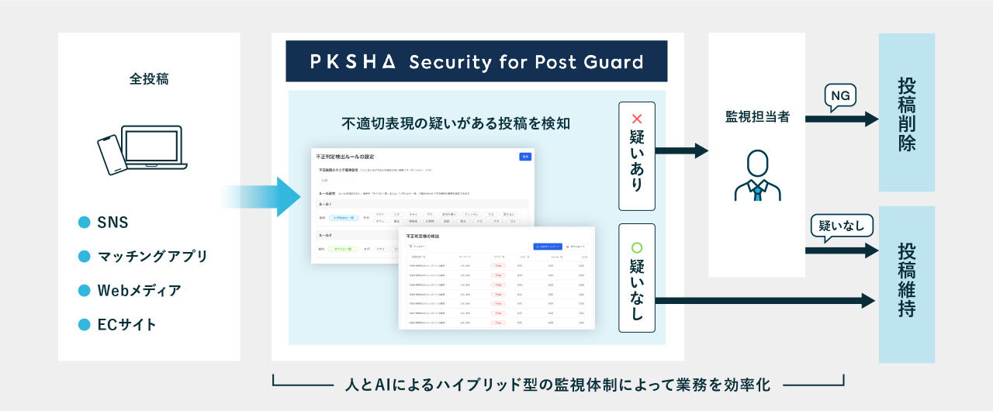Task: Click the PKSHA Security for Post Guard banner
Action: point(476,61)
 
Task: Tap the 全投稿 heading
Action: point(149,78)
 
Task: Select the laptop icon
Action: point(152,147)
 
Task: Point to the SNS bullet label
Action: point(112,223)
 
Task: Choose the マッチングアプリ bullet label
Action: point(152,256)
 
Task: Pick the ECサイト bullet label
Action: point(126,324)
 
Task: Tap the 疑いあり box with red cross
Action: point(637,156)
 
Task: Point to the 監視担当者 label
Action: point(756,116)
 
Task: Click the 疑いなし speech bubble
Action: point(842,226)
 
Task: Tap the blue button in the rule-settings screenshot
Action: point(525,157)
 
